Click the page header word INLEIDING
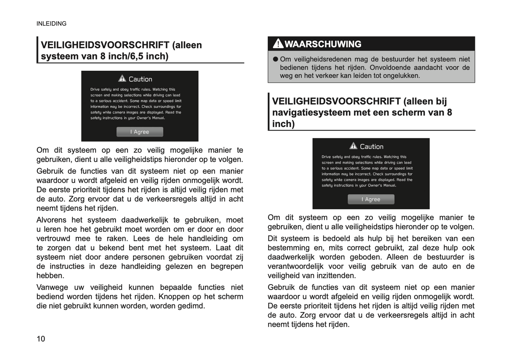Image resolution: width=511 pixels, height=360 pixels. [x=51, y=24]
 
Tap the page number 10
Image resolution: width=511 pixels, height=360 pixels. [x=41, y=339]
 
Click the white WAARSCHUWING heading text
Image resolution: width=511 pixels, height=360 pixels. [x=323, y=44]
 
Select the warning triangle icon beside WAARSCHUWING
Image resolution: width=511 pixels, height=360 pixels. [x=278, y=44]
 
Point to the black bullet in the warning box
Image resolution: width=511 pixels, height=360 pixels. [x=275, y=59]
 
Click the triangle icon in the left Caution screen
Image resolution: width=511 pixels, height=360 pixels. [x=122, y=79]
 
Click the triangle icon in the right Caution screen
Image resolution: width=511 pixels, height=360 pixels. [x=353, y=146]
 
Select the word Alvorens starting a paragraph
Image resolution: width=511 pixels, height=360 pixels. [x=51, y=220]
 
